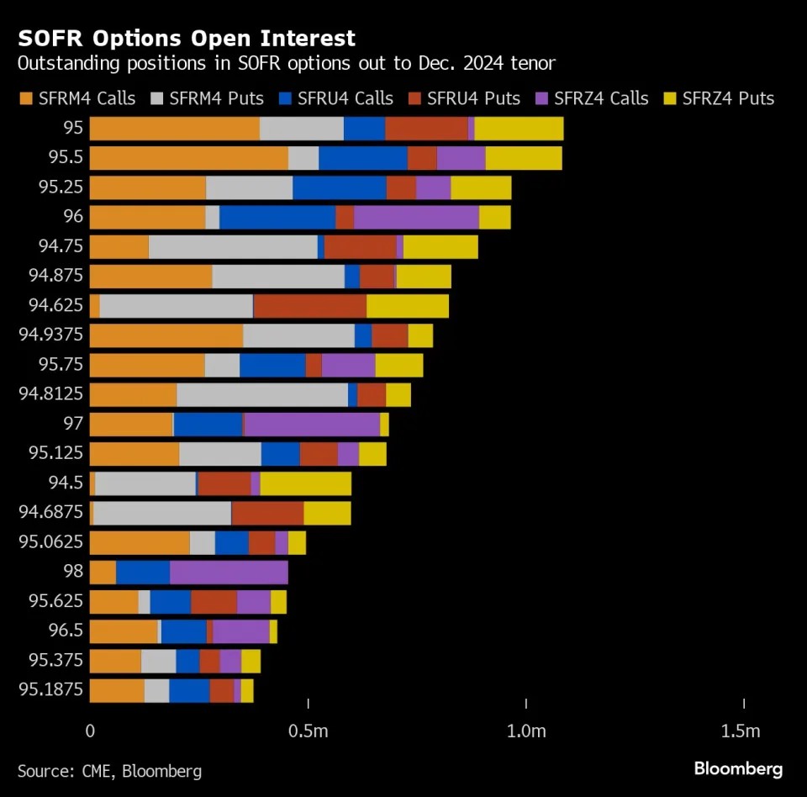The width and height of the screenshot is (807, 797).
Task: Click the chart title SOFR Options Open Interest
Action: click(x=187, y=39)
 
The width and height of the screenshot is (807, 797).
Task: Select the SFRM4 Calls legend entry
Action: click(x=77, y=98)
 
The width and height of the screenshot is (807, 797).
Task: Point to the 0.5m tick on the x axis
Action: click(x=308, y=731)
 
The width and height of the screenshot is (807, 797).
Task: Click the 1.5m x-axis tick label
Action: click(x=741, y=731)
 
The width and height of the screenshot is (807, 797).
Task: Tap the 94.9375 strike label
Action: click(x=51, y=335)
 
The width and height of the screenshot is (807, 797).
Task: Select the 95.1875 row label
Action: click(x=51, y=690)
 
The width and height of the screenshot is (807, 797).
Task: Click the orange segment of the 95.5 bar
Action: click(x=188, y=158)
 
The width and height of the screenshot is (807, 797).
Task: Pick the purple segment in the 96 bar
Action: click(x=416, y=217)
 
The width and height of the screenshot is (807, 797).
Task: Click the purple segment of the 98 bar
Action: click(x=229, y=573)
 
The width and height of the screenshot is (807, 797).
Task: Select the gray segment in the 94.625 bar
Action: click(x=176, y=306)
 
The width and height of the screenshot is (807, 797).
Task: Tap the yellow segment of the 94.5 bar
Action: click(x=305, y=483)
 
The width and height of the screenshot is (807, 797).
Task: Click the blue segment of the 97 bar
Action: click(x=208, y=425)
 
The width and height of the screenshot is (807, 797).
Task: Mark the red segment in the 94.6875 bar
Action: click(x=267, y=513)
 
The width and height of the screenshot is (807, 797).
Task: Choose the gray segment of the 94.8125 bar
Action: click(x=261, y=394)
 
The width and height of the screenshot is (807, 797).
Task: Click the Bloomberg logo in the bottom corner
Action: click(x=738, y=768)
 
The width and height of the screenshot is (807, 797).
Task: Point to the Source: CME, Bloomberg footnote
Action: click(x=109, y=770)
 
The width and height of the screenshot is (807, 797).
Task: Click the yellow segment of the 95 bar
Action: click(x=519, y=129)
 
